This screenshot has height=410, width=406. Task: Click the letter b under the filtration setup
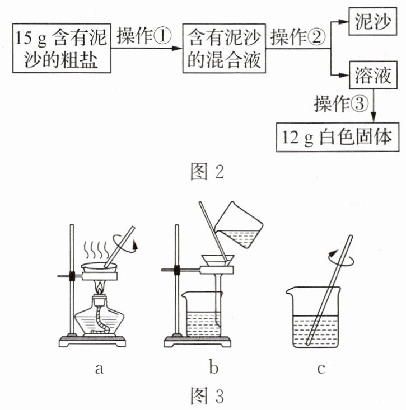click(214, 367)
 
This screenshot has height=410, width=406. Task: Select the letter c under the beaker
click(321, 367)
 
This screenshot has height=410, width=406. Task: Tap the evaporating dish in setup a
click(99, 268)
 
